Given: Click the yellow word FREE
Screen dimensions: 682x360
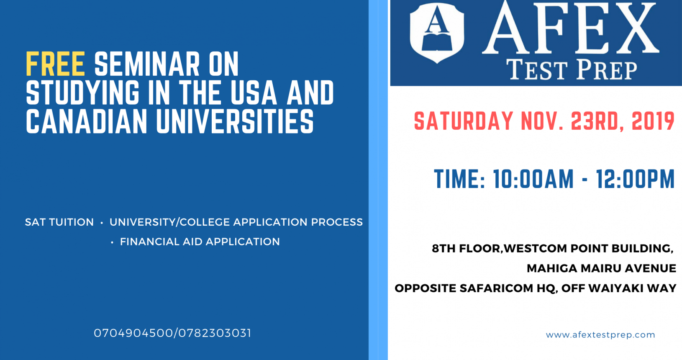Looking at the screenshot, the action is click(55, 64).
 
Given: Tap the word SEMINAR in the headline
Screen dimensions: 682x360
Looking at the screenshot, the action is click(147, 64).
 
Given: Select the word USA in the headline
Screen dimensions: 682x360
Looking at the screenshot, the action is click(254, 93).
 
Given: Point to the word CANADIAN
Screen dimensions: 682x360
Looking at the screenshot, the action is click(87, 121).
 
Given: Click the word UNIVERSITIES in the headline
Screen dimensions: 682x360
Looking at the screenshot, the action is click(235, 121).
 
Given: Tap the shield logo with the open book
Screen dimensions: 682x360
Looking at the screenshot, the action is click(437, 33).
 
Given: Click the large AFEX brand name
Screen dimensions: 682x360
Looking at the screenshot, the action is click(571, 28).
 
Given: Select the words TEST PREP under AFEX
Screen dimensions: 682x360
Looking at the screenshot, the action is click(572, 70).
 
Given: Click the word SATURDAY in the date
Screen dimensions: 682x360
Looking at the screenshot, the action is click(464, 121).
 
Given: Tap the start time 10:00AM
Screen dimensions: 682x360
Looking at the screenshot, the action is click(533, 179).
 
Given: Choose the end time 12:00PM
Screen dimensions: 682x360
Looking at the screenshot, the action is click(635, 179).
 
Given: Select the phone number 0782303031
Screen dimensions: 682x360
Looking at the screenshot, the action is click(215, 333).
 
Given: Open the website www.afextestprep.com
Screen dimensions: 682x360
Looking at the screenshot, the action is click(600, 335).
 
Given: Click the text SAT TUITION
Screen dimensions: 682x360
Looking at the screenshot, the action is click(59, 222).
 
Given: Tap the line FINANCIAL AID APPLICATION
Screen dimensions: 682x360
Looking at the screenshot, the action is click(200, 242).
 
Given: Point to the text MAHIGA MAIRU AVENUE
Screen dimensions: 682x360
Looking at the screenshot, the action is click(601, 268).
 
